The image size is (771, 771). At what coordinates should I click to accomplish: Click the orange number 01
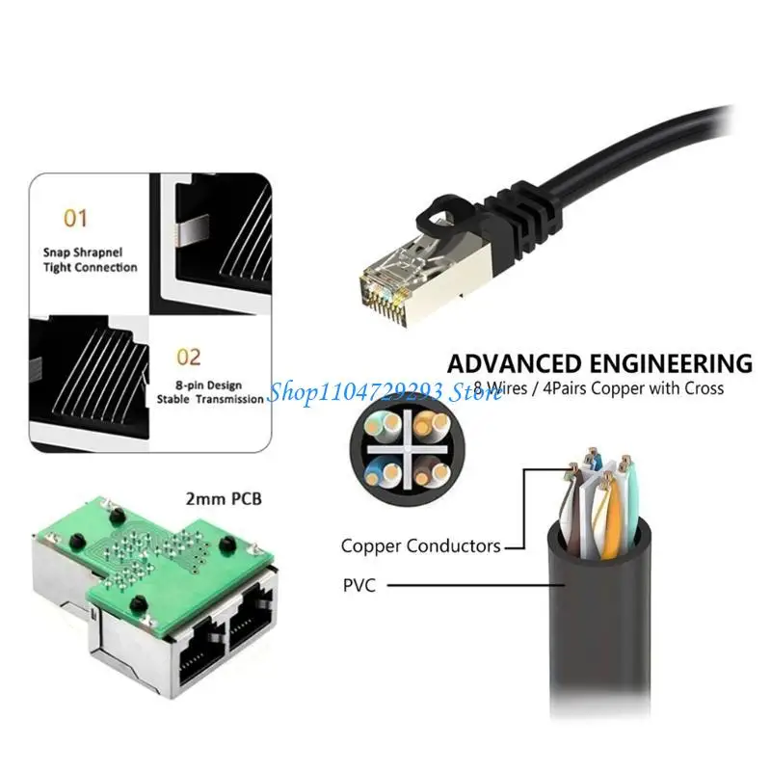point(75,219)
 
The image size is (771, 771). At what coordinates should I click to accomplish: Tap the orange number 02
point(188,358)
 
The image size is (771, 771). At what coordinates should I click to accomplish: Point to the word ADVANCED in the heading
point(515,363)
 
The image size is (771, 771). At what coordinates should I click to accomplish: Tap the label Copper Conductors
point(420,545)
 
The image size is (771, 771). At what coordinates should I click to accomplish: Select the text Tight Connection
point(90,267)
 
